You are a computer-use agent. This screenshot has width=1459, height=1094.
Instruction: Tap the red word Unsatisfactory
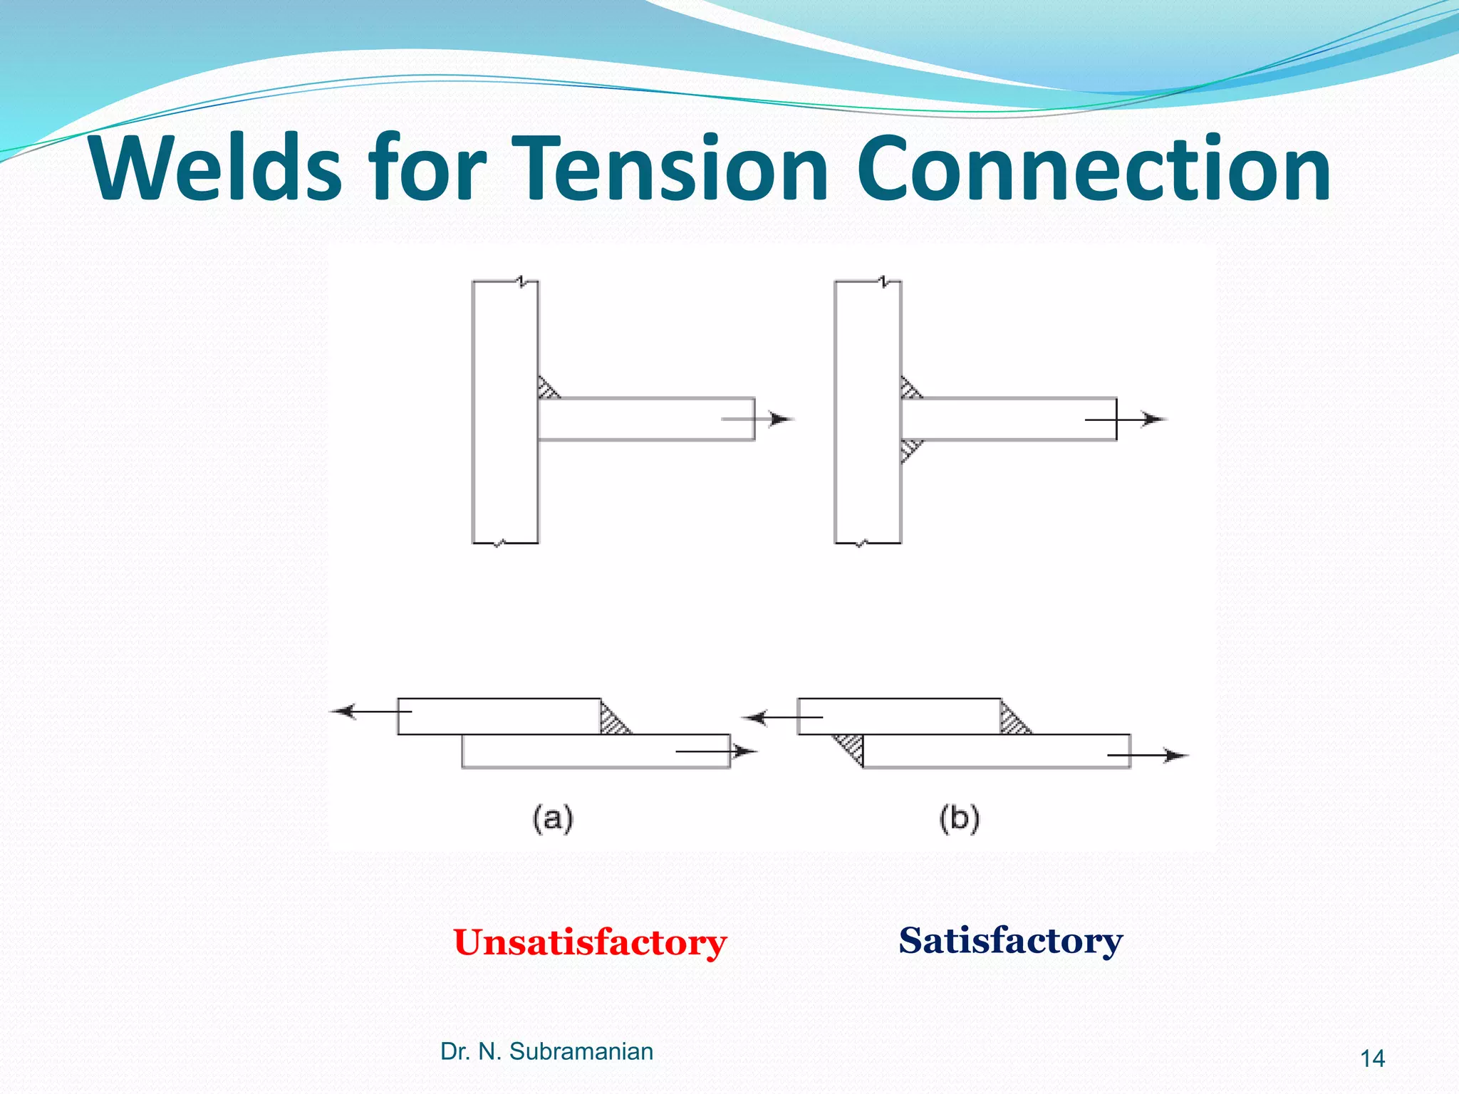[589, 942]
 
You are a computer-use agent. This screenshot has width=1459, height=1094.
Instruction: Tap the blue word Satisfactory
[1009, 940]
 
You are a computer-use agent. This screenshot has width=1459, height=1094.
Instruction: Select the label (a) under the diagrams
[553, 818]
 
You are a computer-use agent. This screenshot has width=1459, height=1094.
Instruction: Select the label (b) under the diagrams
[959, 818]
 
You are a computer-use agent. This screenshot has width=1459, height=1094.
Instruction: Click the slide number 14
[1372, 1059]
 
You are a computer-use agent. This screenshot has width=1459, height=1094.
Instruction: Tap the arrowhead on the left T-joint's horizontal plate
[782, 419]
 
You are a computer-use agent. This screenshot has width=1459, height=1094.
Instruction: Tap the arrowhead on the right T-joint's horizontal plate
[1153, 420]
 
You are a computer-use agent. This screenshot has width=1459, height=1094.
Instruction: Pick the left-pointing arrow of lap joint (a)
[346, 711]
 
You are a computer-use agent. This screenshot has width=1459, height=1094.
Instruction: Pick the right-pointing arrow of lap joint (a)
[744, 751]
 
